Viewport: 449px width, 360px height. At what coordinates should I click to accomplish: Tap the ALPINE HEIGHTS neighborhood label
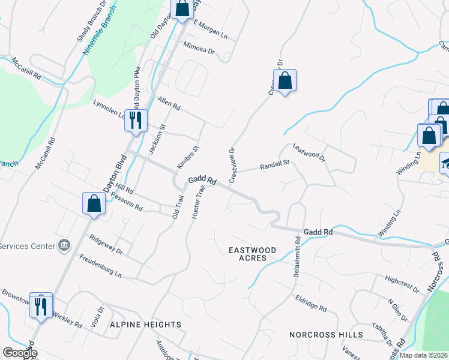point(145,325)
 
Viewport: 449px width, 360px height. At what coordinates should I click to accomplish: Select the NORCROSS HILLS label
point(326,334)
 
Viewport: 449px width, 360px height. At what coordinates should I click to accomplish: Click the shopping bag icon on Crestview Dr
point(285,80)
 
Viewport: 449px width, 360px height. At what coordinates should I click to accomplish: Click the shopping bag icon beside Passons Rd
point(94,203)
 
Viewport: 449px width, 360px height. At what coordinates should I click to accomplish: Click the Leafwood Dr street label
point(309,152)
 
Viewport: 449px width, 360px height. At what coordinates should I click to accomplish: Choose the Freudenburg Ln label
point(101,266)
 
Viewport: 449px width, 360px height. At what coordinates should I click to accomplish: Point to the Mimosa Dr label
point(199,47)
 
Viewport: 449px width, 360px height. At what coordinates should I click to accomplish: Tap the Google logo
point(20,353)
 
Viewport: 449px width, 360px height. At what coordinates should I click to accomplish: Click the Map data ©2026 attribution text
point(424,355)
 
